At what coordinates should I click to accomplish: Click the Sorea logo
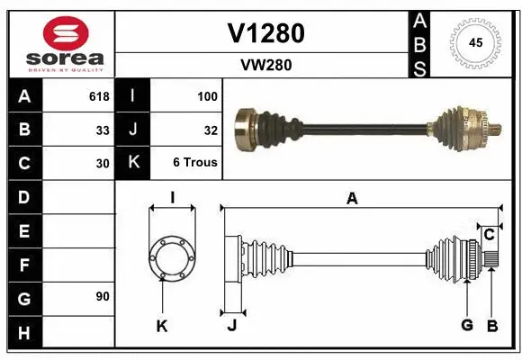[58, 41]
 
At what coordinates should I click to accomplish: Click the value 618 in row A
[98, 96]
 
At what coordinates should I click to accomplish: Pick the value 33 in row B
[103, 130]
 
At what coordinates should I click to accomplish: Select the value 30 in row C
[103, 163]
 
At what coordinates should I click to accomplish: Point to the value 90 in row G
[103, 295]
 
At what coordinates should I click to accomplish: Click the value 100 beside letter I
[206, 96]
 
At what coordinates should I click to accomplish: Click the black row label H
[23, 333]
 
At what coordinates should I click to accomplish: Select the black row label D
[23, 196]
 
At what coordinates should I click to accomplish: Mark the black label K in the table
[133, 163]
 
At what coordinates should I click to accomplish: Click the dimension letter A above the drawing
[352, 199]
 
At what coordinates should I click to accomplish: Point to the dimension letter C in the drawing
[489, 235]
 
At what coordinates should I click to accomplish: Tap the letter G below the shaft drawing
[467, 325]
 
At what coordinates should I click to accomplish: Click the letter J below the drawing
[231, 326]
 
